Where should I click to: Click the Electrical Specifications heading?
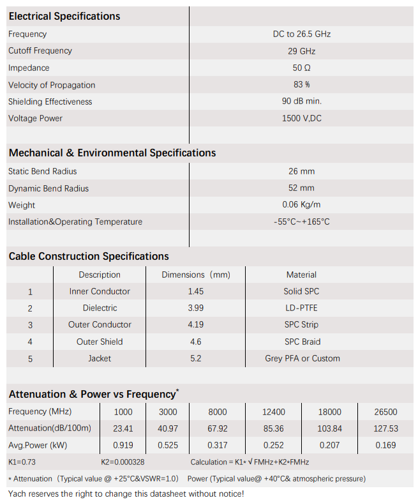tap(64, 16)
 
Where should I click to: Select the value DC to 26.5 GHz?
tap(301, 34)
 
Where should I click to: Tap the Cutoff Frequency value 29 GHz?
tap(301, 51)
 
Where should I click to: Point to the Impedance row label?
tap(29, 68)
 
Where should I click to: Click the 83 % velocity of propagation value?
tap(301, 85)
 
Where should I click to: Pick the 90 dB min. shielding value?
tap(301, 102)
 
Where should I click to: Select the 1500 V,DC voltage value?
tap(301, 118)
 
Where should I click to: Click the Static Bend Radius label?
tap(42, 171)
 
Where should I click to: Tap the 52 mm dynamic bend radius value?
tap(301, 188)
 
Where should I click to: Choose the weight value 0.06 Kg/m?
tap(301, 205)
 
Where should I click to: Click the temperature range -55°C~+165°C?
tap(301, 222)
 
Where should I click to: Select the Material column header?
tap(301, 275)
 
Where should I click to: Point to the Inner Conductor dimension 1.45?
tap(195, 291)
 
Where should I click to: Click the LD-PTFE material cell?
tap(301, 308)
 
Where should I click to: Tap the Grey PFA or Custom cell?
tap(302, 358)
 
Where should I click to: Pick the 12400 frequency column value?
tap(274, 412)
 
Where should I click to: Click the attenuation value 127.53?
tap(386, 428)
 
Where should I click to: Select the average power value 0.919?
tap(123, 445)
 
